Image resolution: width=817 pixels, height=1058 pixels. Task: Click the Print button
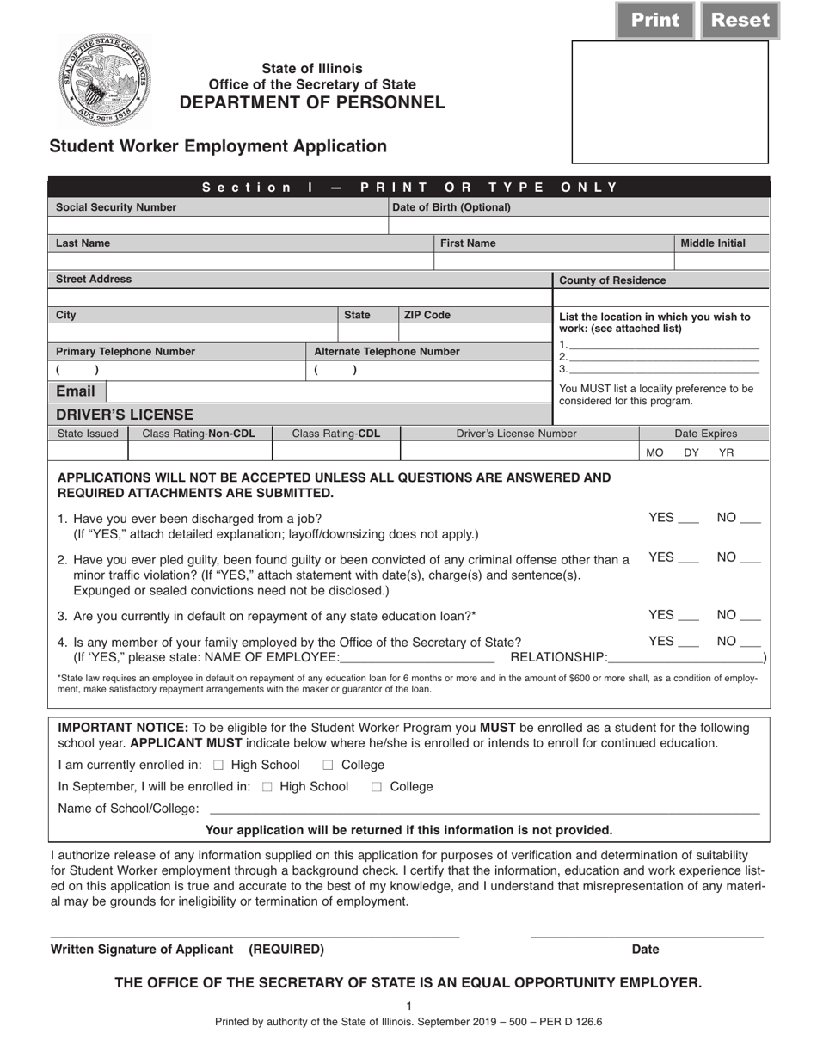tap(655, 21)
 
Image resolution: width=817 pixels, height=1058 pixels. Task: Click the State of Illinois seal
tap(103, 82)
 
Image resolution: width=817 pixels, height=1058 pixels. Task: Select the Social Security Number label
tap(116, 207)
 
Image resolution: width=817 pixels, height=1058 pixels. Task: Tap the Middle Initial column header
tap(713, 243)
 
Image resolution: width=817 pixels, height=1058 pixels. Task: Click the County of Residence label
tap(612, 280)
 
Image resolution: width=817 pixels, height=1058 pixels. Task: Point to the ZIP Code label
tap(427, 316)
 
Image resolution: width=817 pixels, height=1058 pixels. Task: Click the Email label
tap(76, 391)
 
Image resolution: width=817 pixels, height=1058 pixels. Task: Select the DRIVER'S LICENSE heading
tap(125, 415)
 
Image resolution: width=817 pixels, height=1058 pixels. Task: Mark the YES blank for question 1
tap(688, 520)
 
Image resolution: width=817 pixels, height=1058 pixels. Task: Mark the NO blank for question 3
tap(750, 618)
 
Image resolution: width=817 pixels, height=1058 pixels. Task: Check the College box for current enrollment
tap(329, 766)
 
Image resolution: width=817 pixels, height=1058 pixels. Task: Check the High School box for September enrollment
tap(267, 787)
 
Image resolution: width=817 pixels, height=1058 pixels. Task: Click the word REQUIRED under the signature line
tap(286, 950)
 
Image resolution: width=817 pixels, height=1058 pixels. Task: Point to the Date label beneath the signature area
tap(645, 950)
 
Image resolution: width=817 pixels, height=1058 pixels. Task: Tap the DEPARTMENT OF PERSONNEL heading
tap(312, 103)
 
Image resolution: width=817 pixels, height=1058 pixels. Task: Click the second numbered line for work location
tap(663, 357)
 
